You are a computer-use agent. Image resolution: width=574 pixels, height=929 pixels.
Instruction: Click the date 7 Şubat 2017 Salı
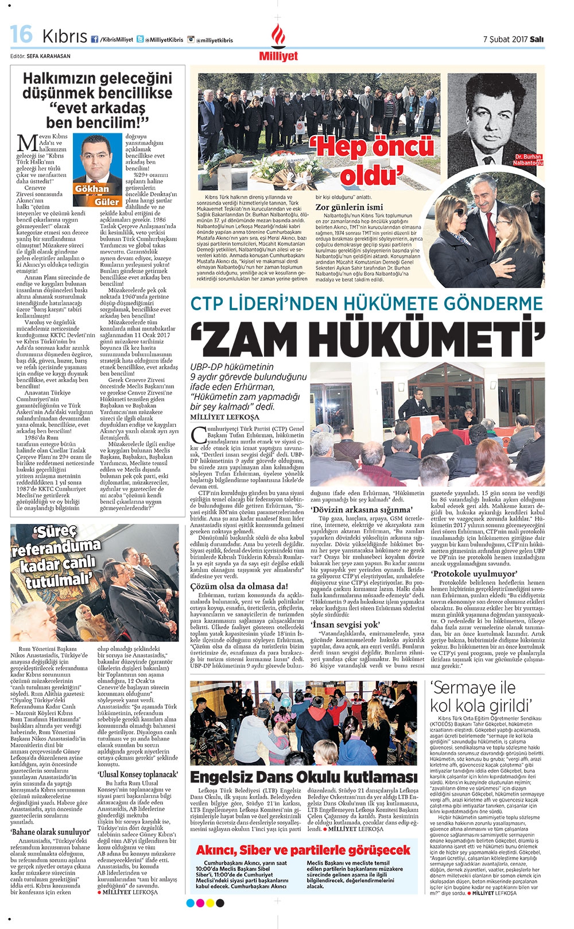pos(513,39)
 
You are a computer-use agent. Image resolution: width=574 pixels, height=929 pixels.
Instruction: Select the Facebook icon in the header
pos(94,39)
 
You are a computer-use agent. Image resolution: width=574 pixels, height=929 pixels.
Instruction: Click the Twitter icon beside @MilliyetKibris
pos(140,39)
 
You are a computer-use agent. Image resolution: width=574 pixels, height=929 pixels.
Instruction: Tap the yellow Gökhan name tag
pos(91,188)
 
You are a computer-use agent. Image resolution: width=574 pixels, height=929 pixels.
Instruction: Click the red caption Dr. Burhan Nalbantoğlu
pos(528,160)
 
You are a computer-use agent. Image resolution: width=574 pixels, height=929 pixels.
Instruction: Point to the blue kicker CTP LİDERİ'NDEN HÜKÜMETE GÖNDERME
pos(366,304)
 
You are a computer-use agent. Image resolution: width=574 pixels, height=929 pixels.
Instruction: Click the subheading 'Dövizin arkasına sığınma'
pos(362,509)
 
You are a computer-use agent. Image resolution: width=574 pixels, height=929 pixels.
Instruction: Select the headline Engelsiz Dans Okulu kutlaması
pos(304,777)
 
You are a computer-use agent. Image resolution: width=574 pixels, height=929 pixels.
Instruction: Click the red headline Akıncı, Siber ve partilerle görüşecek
pos(303,850)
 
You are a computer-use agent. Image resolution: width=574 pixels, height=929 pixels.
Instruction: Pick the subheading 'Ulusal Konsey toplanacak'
pos(138,774)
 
